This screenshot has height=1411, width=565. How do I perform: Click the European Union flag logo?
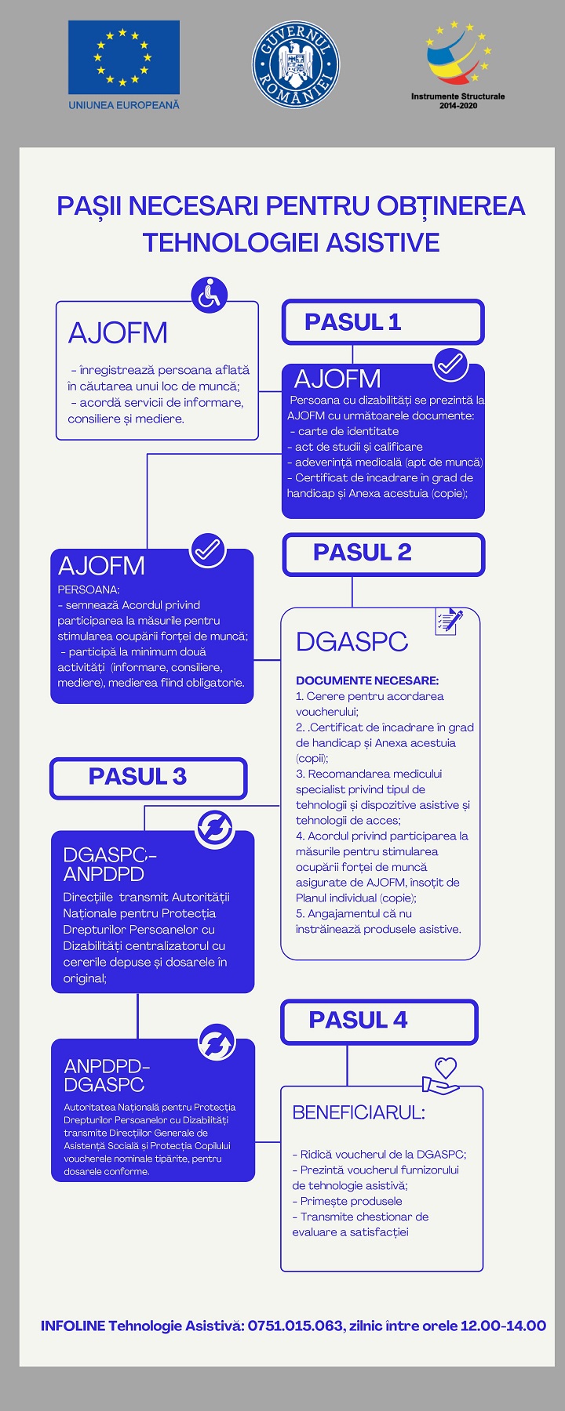point(124,57)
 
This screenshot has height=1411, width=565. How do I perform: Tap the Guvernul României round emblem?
point(295,63)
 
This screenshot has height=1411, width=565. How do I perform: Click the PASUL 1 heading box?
point(383,322)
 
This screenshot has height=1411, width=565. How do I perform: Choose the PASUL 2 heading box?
point(384,554)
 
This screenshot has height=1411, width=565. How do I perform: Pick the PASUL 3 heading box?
point(148,778)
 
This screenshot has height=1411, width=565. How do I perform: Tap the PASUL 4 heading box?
point(379,1021)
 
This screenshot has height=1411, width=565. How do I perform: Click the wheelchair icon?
point(210,295)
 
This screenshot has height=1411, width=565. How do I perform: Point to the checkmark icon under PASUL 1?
point(450,365)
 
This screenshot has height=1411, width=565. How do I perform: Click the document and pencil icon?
point(449,621)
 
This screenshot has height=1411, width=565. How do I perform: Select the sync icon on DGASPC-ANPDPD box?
point(214,829)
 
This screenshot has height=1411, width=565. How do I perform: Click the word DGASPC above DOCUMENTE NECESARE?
point(352,642)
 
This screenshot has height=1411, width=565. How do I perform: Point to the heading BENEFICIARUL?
point(359,1112)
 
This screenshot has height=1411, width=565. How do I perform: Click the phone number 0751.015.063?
point(296,1326)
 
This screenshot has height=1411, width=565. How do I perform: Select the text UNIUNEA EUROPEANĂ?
point(124,104)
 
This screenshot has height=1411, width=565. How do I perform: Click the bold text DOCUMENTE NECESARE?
point(367,680)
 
